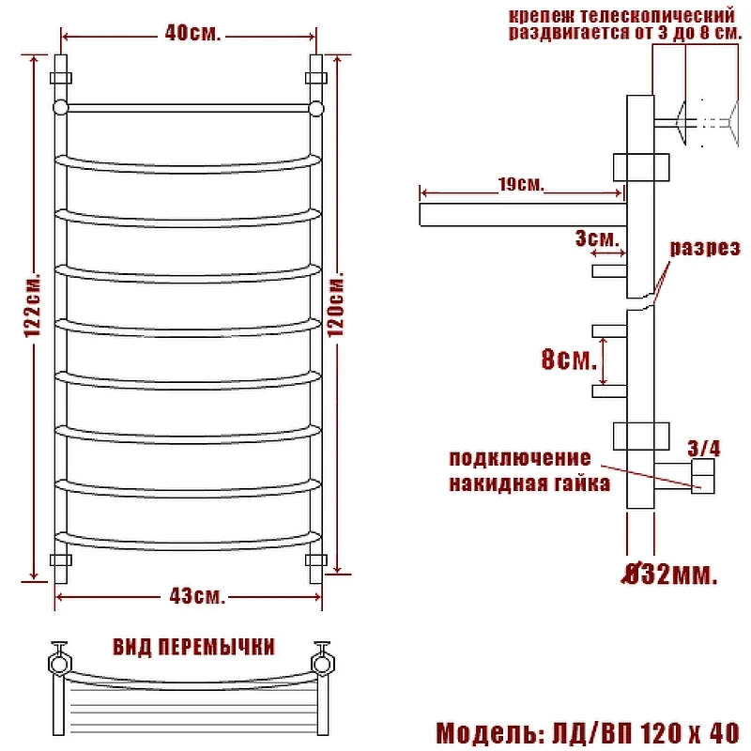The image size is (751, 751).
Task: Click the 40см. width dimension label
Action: coord(192,34)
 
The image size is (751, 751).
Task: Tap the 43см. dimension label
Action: coord(197,596)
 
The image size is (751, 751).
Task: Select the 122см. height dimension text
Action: coord(33,306)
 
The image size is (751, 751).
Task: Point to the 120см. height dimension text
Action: coord(336,304)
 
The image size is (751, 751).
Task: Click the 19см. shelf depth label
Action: coord(521,184)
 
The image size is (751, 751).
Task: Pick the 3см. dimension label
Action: coord(597,238)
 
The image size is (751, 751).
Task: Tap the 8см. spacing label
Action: coord(569,359)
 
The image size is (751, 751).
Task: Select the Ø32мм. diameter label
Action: coord(670,575)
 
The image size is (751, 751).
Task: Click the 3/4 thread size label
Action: coord(703,449)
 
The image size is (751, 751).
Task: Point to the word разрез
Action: coord(705,249)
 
